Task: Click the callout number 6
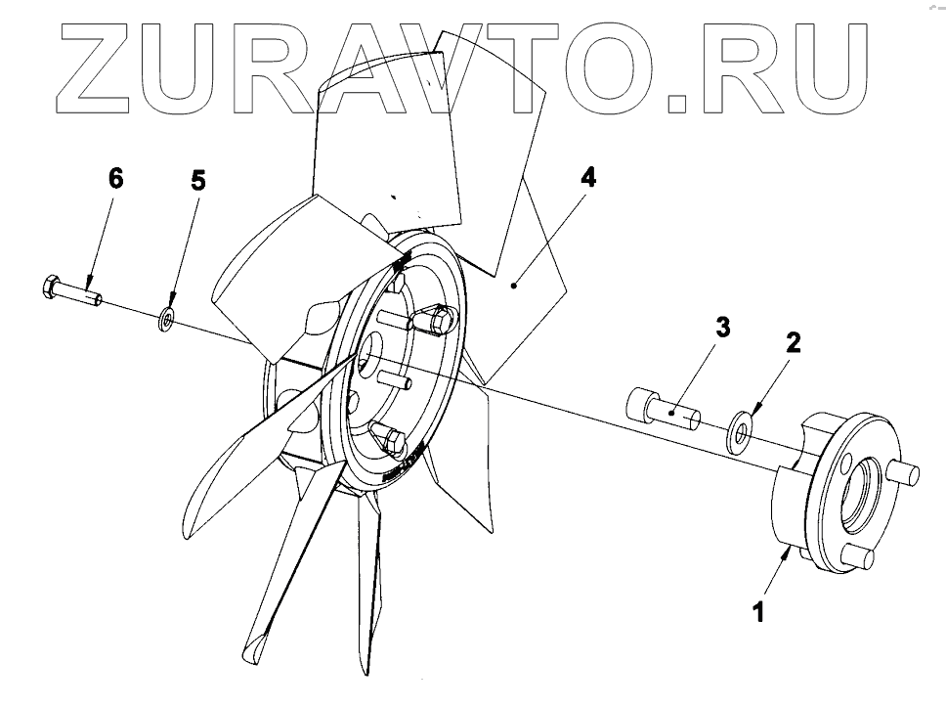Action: point(116,178)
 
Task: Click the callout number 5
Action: point(198,179)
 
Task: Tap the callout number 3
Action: point(722,329)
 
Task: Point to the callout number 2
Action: point(793,341)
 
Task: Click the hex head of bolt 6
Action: point(52,287)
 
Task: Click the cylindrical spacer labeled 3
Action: point(666,410)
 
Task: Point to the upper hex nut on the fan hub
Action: point(438,319)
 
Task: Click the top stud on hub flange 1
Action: point(905,472)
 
